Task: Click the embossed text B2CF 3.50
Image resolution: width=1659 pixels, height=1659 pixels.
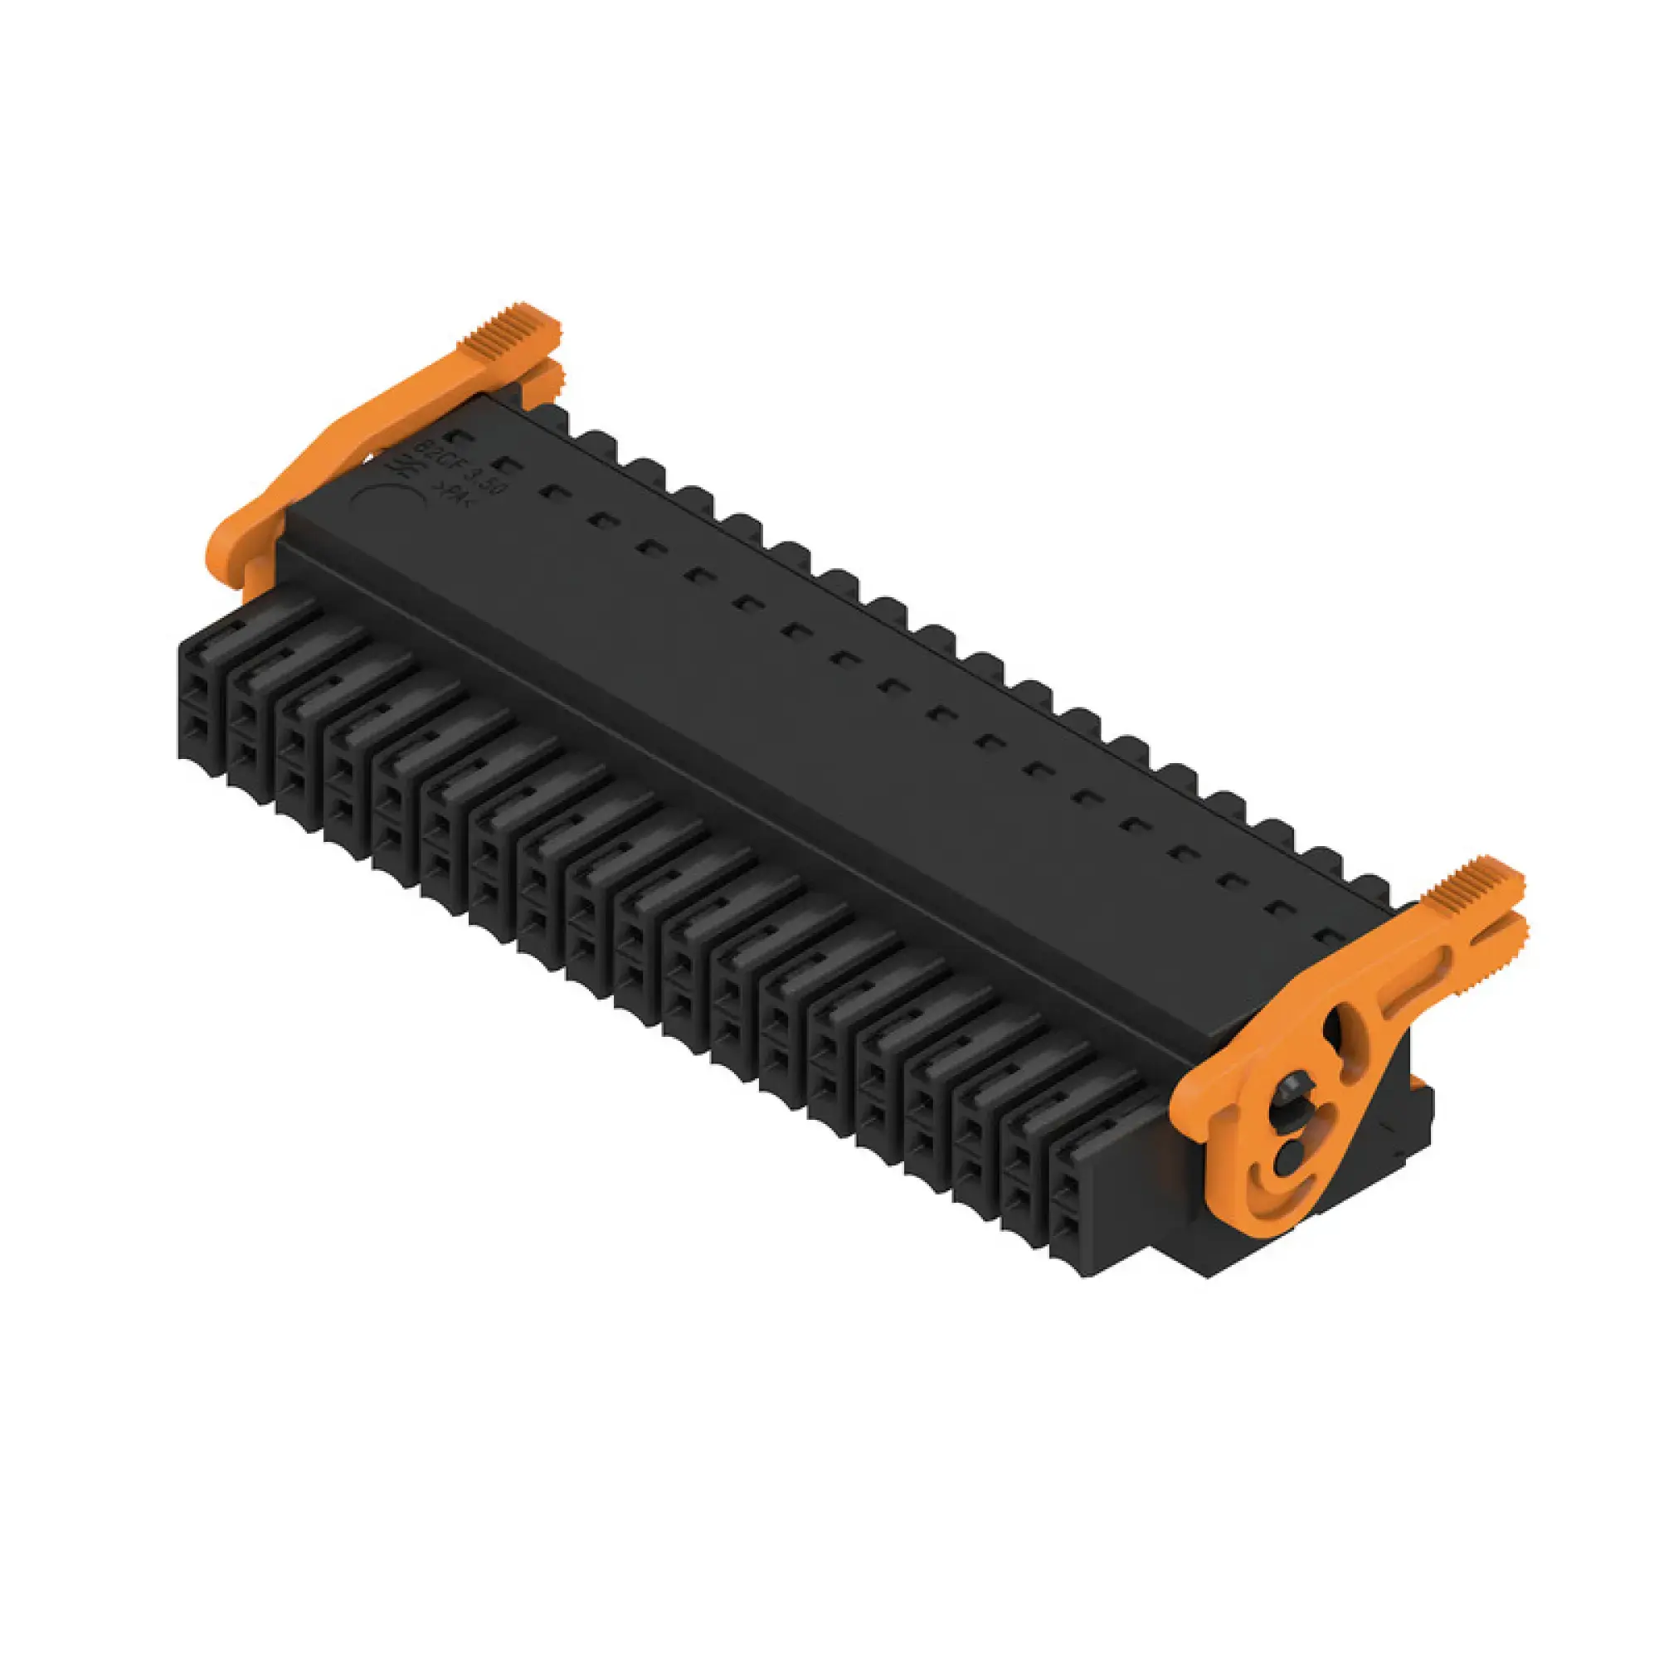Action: pos(465,465)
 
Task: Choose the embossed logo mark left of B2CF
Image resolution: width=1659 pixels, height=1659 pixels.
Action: pos(406,465)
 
